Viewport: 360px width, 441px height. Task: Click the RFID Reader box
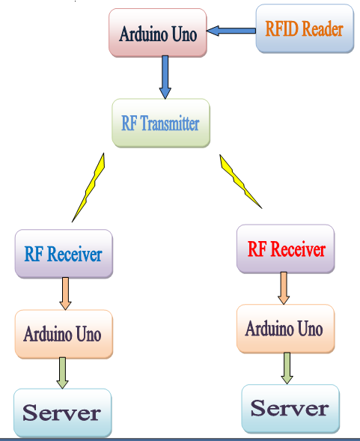tap(305, 29)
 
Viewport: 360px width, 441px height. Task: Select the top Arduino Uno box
tap(157, 33)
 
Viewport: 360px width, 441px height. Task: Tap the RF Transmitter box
tap(160, 123)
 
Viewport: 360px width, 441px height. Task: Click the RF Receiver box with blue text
tap(63, 254)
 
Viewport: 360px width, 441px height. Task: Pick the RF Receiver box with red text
tap(286, 249)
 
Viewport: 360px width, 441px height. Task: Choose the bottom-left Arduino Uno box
tap(63, 334)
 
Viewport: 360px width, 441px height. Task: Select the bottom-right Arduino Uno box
tap(284, 329)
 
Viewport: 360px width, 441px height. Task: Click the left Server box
tap(62, 413)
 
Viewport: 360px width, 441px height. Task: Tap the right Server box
tap(290, 408)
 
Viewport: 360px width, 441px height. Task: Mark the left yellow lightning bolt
tap(88, 187)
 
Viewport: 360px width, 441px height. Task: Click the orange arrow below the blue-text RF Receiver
tap(65, 294)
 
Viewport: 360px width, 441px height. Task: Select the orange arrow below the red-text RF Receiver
tap(284, 288)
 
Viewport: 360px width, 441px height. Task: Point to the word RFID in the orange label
tap(282, 29)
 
